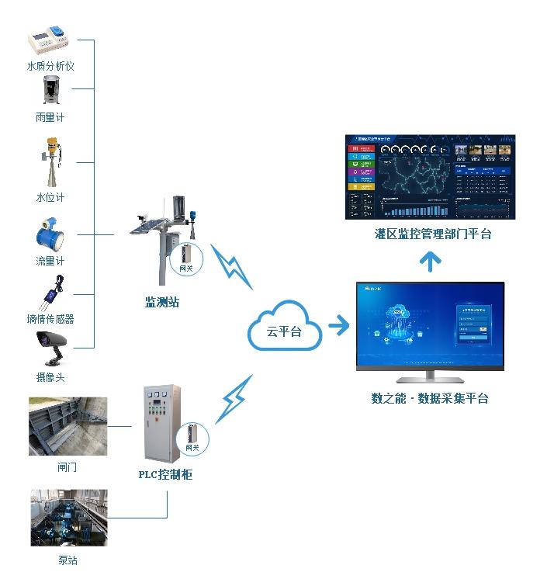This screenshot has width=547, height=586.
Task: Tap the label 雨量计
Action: tap(50, 117)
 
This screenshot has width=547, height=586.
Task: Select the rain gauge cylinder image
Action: tap(50, 91)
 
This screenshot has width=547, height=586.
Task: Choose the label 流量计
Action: tap(50, 262)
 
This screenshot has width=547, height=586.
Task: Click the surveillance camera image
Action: tap(51, 346)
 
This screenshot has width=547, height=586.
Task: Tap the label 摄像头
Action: tap(50, 377)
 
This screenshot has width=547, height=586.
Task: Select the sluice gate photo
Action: tap(68, 426)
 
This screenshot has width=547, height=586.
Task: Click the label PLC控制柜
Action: tap(165, 474)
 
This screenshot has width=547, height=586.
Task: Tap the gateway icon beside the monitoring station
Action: tap(186, 258)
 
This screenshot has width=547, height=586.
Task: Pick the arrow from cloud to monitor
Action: tap(338, 324)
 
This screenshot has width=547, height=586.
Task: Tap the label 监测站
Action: tap(162, 302)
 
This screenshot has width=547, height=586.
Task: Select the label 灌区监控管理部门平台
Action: tap(428, 234)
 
